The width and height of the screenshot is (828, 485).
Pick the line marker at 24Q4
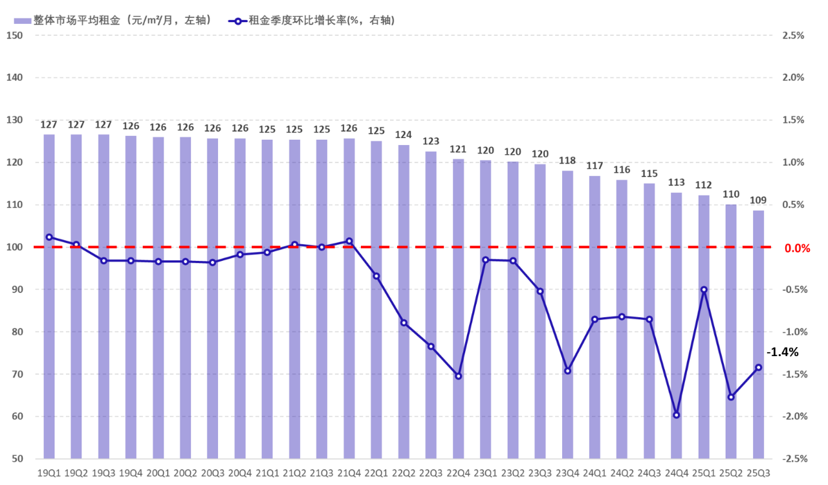click(x=676, y=415)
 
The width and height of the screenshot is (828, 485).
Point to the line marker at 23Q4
click(x=567, y=371)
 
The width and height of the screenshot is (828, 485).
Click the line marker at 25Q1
click(x=704, y=290)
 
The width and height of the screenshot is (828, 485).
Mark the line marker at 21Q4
click(x=349, y=242)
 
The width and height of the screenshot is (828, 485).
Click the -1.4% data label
click(x=783, y=352)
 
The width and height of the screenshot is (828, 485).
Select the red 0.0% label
click(x=797, y=248)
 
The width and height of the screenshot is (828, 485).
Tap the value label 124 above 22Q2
click(x=404, y=135)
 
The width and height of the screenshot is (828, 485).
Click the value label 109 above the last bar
click(x=758, y=201)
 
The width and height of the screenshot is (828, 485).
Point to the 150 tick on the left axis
click(x=14, y=35)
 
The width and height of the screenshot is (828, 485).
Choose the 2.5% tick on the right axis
click(x=792, y=35)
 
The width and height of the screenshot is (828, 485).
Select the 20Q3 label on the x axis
click(x=213, y=473)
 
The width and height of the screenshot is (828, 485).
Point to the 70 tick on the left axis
click(x=16, y=374)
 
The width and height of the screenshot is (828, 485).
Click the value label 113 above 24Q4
click(x=676, y=183)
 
